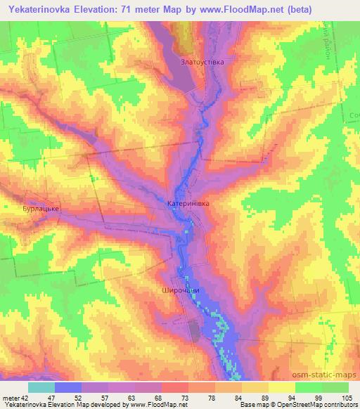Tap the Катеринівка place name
(189, 203)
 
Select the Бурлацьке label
(39, 209)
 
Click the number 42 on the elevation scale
(25, 397)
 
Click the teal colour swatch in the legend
(41, 387)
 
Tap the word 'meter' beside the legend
(10, 397)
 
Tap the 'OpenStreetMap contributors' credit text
(316, 405)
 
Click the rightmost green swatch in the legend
(335, 387)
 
